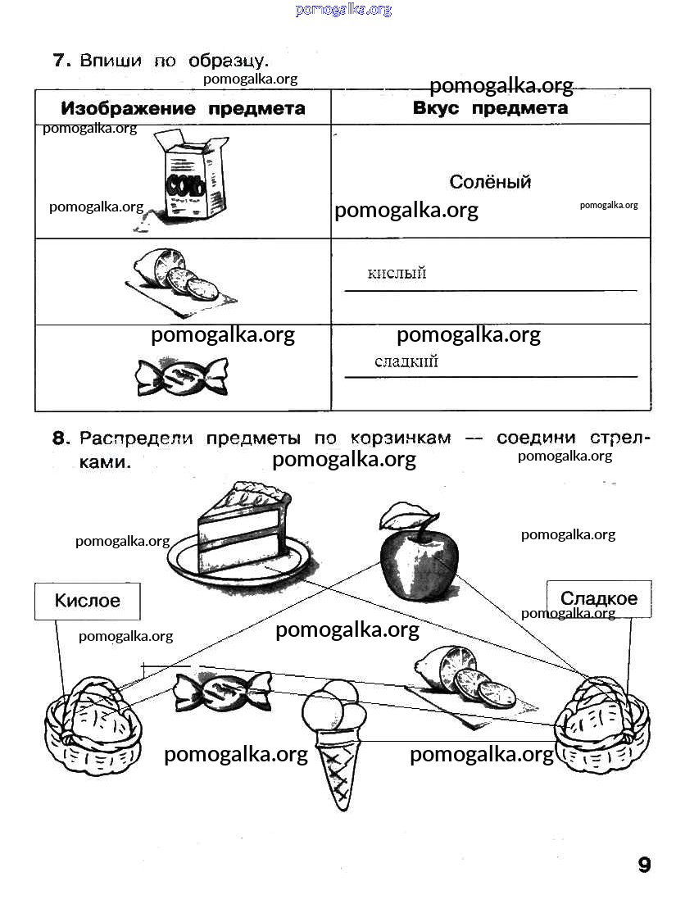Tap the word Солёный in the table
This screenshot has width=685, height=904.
pos(490,182)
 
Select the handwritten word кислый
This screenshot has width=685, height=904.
pos(397,272)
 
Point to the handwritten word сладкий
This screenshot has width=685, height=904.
pos(406,361)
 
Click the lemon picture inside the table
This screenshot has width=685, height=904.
pos(180,280)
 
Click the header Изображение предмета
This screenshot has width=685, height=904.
pos(184,108)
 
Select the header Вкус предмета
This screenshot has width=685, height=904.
pos(491,108)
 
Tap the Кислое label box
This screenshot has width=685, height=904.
pos(87,601)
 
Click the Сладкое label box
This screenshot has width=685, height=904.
pos(599,598)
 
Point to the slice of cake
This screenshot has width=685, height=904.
pos(243,534)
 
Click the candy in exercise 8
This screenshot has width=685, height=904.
pos(222,691)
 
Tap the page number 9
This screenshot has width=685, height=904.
pos(645,865)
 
